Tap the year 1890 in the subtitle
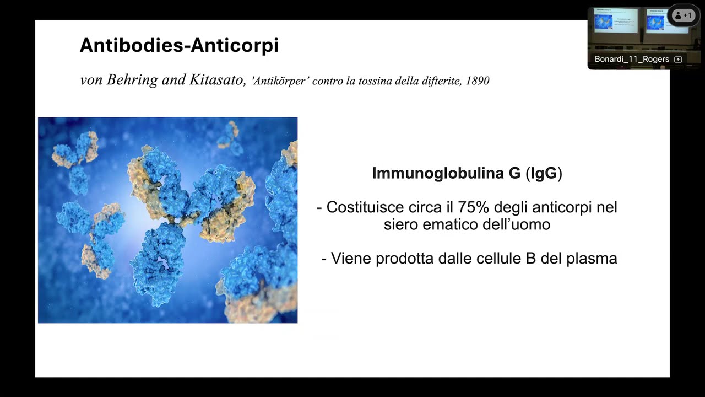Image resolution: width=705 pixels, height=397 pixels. point(478,81)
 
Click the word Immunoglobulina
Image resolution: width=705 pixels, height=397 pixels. point(438,173)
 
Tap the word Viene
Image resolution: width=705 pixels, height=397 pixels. point(350,258)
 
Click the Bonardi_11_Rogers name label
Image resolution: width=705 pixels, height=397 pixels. point(632,59)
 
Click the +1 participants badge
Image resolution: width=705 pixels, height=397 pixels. point(683,15)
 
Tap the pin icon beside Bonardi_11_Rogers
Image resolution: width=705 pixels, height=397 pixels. point(678,60)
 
